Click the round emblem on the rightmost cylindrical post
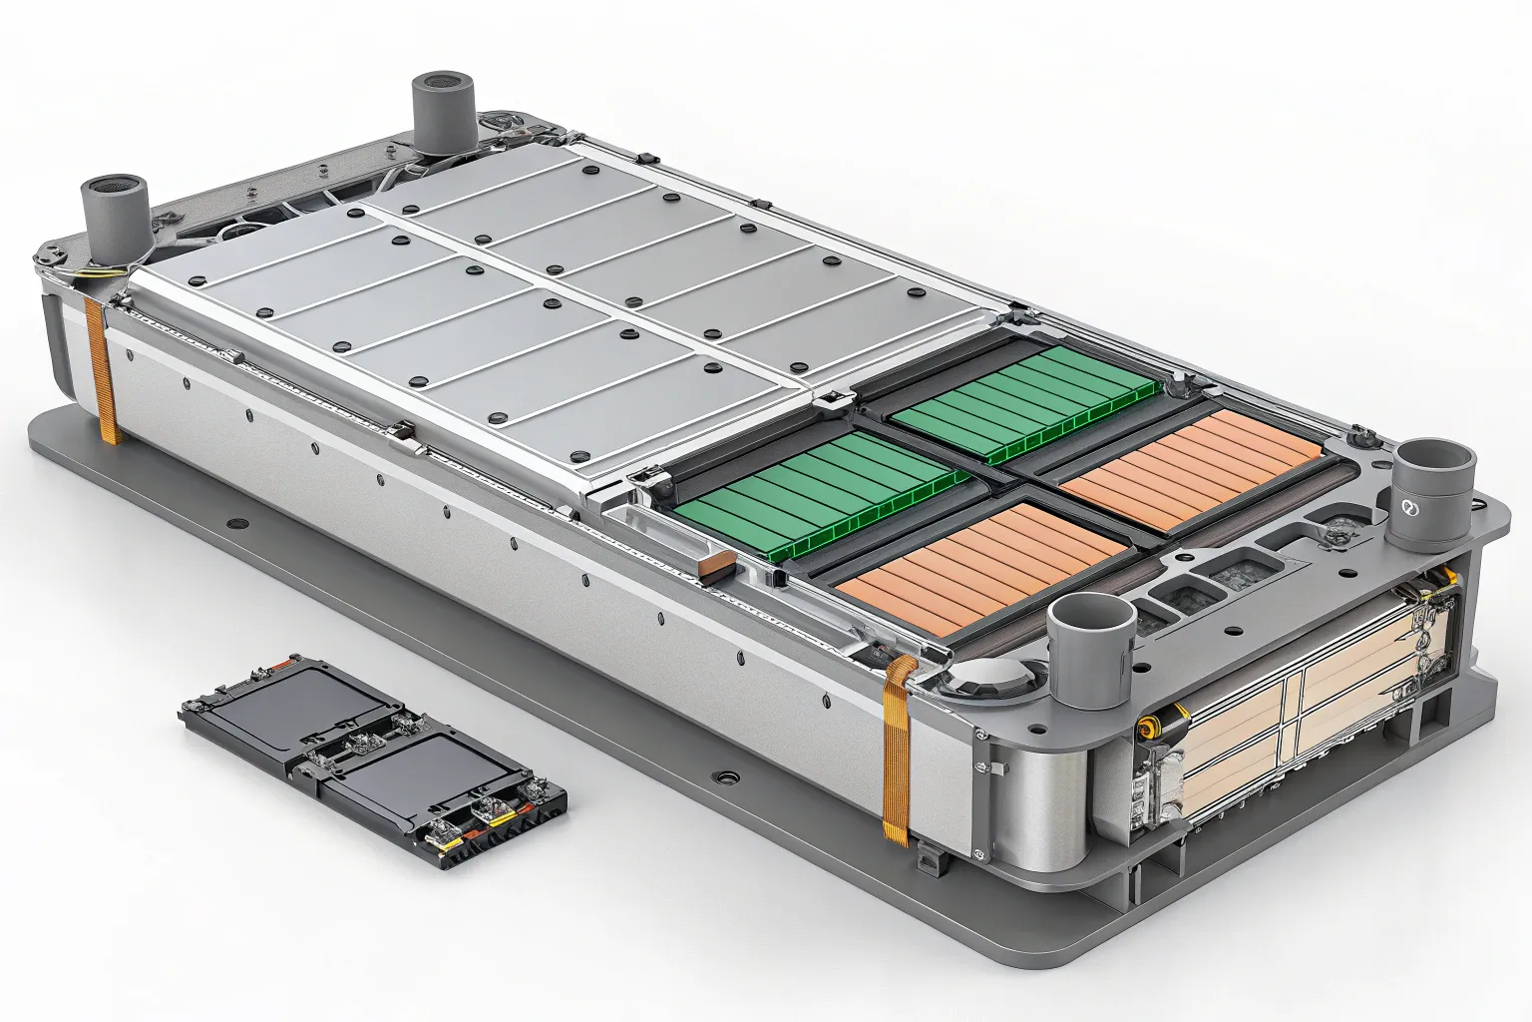click(1409, 508)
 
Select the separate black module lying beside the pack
click(374, 759)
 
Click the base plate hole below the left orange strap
click(235, 523)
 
